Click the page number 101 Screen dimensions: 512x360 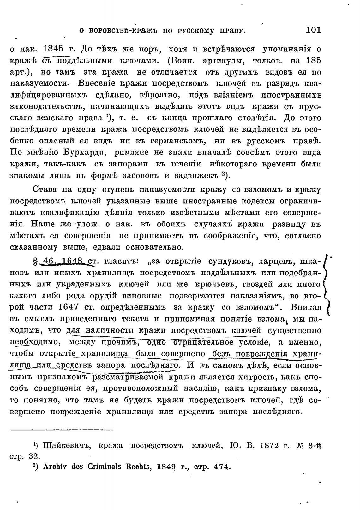coord(313,30)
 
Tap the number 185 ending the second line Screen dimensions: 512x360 coord(312,60)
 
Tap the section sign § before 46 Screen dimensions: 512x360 coord(35,262)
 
